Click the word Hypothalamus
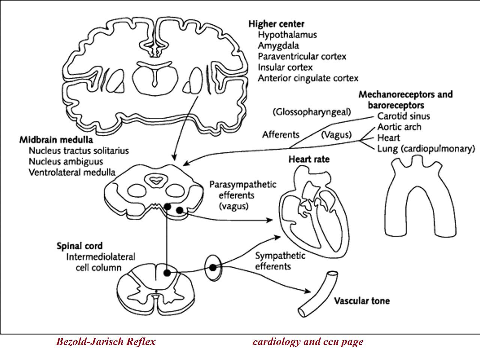[x=287, y=35]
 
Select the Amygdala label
[x=278, y=46]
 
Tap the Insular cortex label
[x=285, y=67]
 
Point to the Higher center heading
[x=276, y=24]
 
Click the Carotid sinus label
[x=403, y=116]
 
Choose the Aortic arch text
[x=399, y=127]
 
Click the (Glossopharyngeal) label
[x=312, y=112]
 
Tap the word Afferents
[x=281, y=135]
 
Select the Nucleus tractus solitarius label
[x=79, y=151]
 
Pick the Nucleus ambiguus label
[x=66, y=162]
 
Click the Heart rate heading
[x=309, y=159]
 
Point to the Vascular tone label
[x=362, y=301]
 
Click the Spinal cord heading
[x=79, y=246]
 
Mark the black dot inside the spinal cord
[x=167, y=273]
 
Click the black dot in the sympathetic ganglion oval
[x=213, y=267]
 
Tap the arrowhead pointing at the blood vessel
[x=307, y=291]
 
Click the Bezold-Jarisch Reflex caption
[x=106, y=342]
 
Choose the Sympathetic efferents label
[x=280, y=261]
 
